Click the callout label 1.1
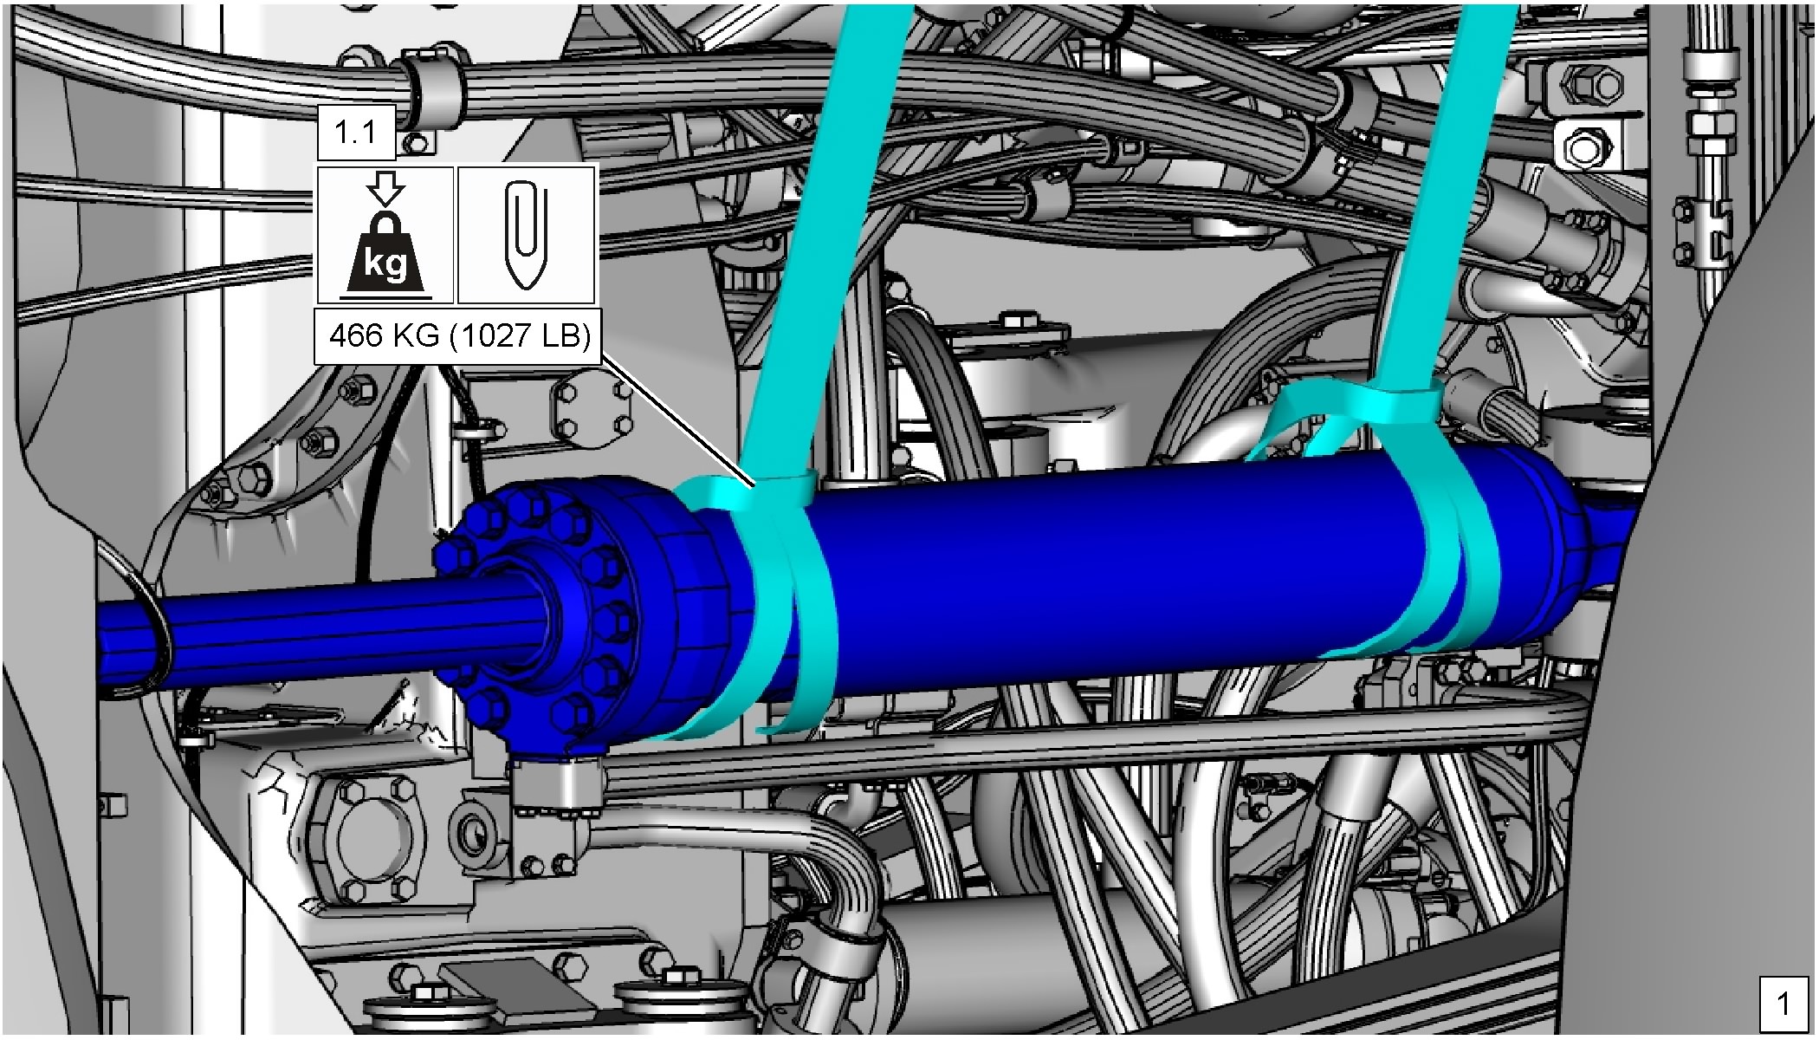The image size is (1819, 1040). [x=356, y=133]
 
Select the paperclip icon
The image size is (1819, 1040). [x=526, y=235]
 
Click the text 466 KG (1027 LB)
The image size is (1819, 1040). [x=459, y=335]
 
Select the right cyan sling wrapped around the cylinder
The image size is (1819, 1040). [x=1438, y=555]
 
